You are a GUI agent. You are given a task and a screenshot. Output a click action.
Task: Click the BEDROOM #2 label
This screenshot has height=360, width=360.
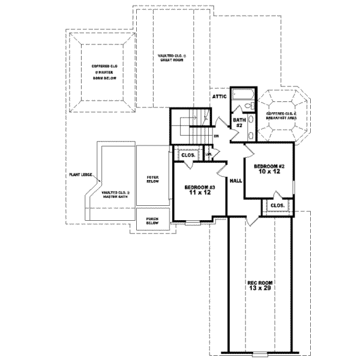point(268,166)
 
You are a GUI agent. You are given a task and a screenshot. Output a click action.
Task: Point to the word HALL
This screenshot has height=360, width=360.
point(236,179)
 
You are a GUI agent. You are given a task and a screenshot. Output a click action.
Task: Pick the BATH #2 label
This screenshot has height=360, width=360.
point(238,123)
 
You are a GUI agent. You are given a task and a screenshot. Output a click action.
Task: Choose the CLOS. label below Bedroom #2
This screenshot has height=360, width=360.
point(277,206)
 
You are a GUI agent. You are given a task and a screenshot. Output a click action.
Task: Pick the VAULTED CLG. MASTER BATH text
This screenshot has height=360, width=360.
point(115,195)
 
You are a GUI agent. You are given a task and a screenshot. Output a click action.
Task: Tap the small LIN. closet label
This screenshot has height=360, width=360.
point(209,155)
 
